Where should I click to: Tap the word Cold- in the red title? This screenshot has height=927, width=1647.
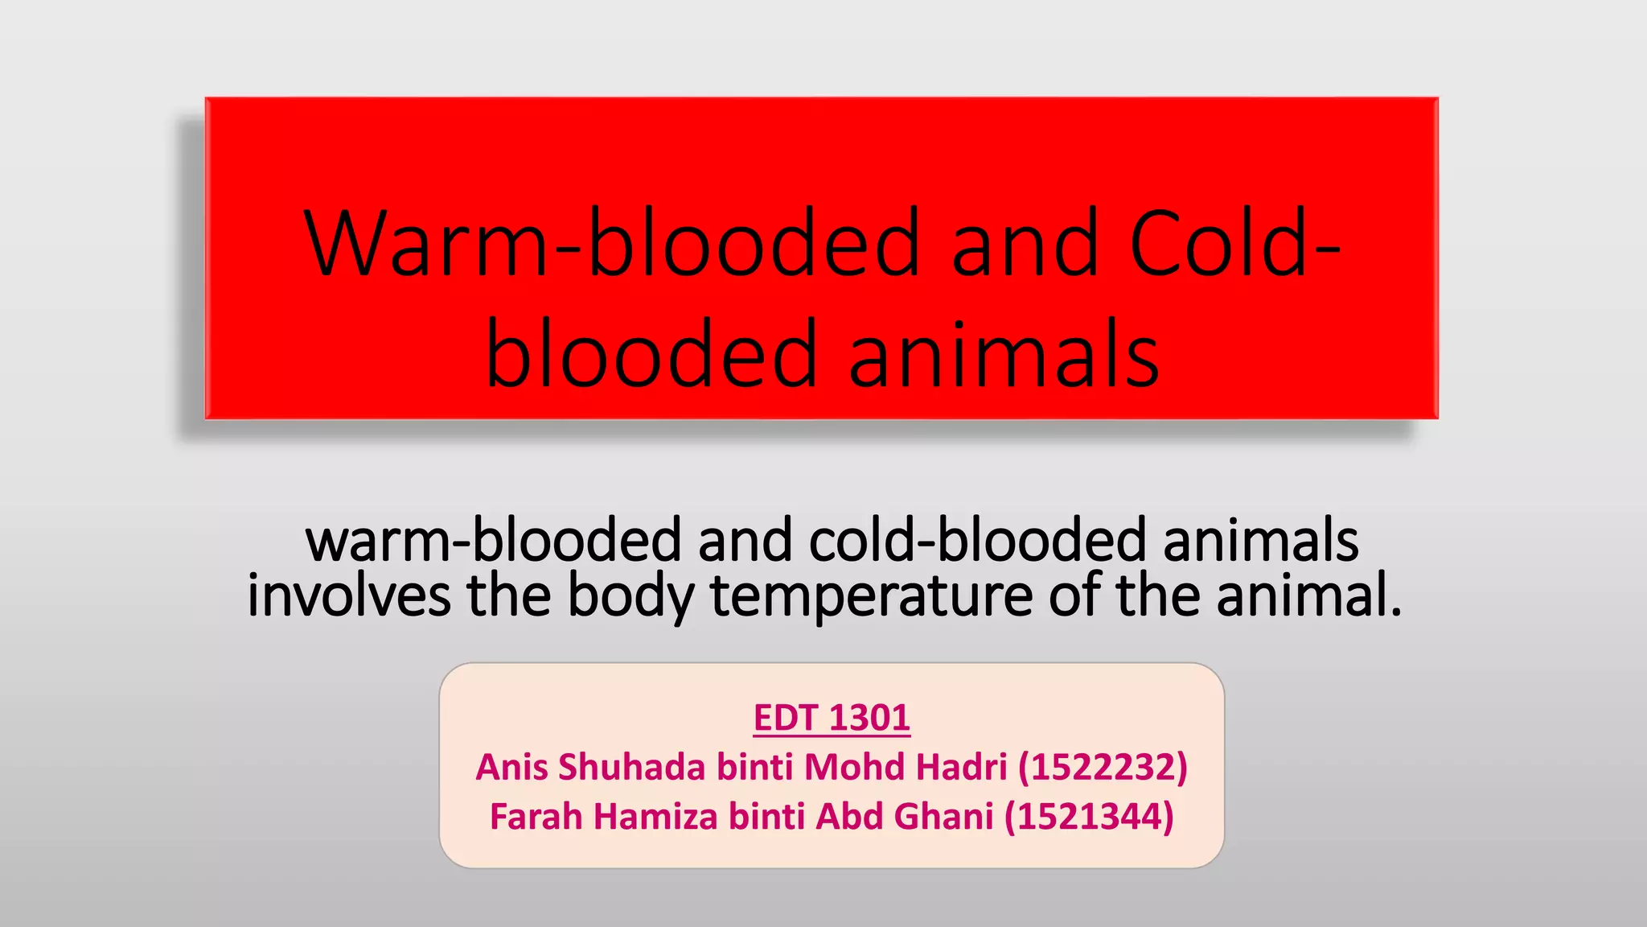click(1234, 243)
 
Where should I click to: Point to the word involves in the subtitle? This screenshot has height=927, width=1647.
click(348, 595)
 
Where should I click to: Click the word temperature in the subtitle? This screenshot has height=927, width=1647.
click(870, 595)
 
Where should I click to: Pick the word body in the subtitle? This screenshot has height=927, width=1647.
click(630, 595)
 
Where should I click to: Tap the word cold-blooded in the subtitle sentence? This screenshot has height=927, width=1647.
click(977, 540)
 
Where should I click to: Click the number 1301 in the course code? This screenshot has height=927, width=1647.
click(869, 718)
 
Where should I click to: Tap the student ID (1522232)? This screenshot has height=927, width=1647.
click(1103, 767)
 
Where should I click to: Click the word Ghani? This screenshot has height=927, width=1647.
click(943, 817)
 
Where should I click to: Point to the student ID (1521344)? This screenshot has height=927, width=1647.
click(1089, 817)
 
